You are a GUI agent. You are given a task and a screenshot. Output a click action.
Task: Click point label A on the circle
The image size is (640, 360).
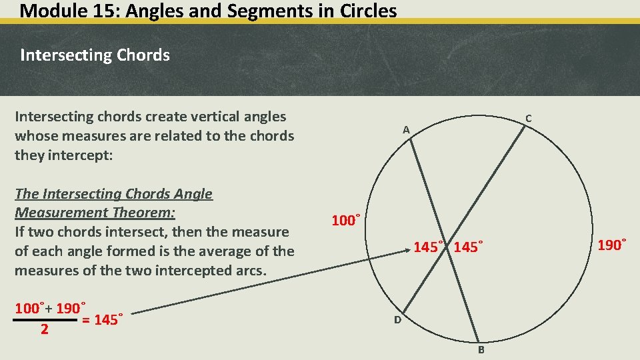click(x=406, y=130)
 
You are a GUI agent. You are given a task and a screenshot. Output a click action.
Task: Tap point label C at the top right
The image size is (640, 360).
click(x=528, y=119)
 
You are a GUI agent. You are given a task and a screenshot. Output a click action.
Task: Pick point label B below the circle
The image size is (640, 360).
click(x=481, y=350)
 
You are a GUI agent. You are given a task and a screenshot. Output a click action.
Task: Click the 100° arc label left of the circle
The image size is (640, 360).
click(x=346, y=220)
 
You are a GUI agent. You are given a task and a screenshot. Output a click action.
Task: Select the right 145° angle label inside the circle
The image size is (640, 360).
click(x=468, y=247)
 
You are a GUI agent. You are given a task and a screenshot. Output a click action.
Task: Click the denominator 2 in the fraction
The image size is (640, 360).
click(x=44, y=329)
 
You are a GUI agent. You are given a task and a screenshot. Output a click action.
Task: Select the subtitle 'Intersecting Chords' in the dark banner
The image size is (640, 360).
click(x=95, y=55)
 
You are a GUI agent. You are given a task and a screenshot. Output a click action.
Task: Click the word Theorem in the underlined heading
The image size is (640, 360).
click(x=142, y=213)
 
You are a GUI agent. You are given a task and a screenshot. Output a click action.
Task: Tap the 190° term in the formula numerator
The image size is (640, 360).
click(x=71, y=309)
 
